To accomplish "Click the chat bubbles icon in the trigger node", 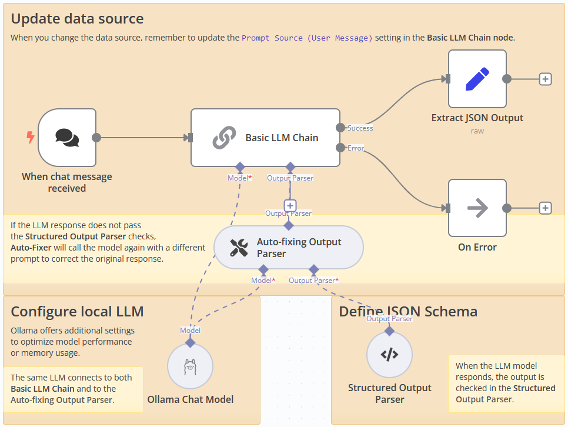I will coord(67,137).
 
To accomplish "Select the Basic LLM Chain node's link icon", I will coord(223,138).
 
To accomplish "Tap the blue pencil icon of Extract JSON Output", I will coord(477,79).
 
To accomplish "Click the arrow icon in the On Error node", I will coord(477,208).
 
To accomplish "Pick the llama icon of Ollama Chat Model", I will coord(190,366).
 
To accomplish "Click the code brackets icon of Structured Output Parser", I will coord(389,355).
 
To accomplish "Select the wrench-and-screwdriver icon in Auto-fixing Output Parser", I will coord(239,248).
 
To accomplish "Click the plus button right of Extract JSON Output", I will coord(545,79).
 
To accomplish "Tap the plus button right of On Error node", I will coord(545,208).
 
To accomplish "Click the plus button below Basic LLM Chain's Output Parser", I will coord(290,205).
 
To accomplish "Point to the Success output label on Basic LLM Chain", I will coord(360,128).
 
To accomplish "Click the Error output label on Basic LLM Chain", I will coord(356,148).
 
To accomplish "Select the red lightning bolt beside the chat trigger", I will coord(31,138).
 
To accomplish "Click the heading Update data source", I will coord(77,18).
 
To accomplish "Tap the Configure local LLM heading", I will coord(77,311).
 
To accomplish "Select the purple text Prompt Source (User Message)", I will coord(307,38).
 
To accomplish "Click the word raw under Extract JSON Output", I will coord(477,131).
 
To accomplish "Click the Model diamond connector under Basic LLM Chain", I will coord(240,167).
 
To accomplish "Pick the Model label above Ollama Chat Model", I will coord(190,331).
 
